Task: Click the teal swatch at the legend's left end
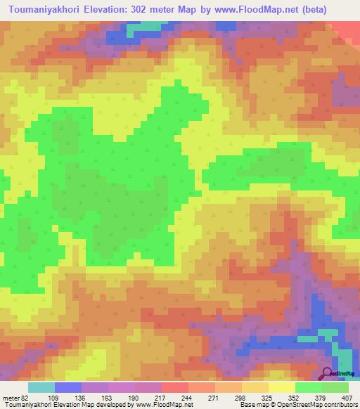point(41,387)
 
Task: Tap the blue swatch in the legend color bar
point(67,387)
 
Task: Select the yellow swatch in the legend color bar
point(281,387)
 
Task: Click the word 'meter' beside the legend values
point(11,397)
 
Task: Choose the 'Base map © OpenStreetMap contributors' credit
point(299,405)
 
